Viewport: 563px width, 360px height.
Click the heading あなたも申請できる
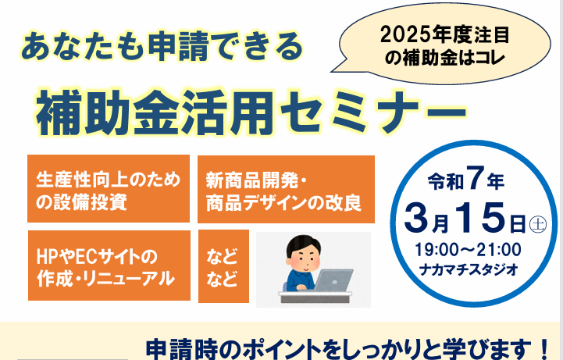pyautogui.click(x=161, y=48)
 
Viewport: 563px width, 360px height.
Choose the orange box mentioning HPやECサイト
pyautogui.click(x=109, y=265)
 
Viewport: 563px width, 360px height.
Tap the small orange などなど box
pyautogui.click(x=223, y=265)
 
